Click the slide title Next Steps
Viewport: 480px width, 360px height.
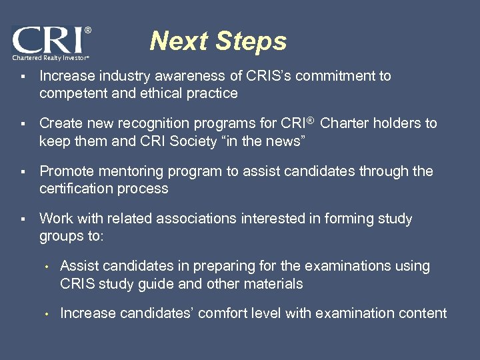click(x=218, y=41)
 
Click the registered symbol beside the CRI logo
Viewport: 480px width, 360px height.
click(x=88, y=31)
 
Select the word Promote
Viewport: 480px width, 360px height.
click(x=65, y=171)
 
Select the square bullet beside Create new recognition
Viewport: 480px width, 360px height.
click(x=23, y=124)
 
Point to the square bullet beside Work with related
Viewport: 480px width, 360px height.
click(x=23, y=219)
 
